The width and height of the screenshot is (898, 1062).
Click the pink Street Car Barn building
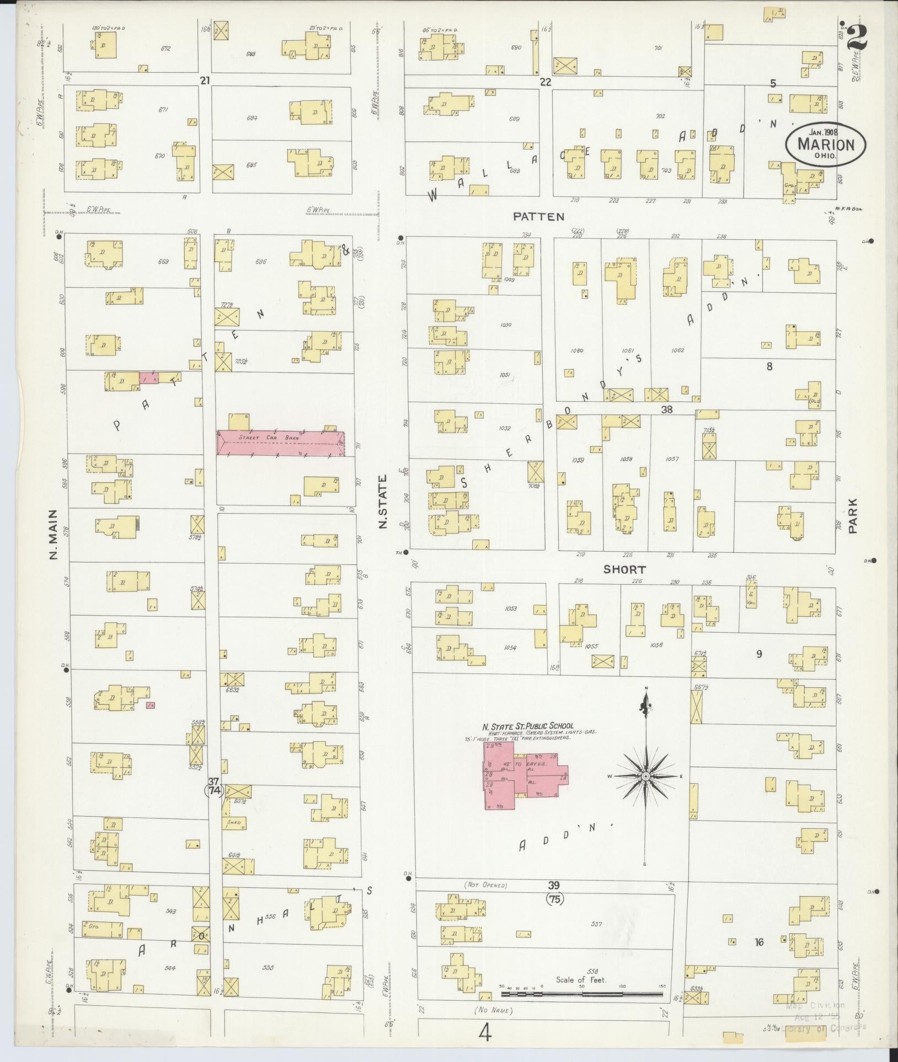(x=281, y=443)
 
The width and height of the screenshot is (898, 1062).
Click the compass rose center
(x=644, y=777)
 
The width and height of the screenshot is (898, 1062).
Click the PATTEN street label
(x=538, y=217)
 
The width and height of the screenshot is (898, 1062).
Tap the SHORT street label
(x=624, y=570)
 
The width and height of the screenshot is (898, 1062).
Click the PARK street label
(x=853, y=516)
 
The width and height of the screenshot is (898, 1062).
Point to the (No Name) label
(x=493, y=1010)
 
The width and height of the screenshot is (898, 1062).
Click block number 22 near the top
(x=546, y=82)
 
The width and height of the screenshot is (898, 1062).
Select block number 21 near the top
(x=205, y=81)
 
